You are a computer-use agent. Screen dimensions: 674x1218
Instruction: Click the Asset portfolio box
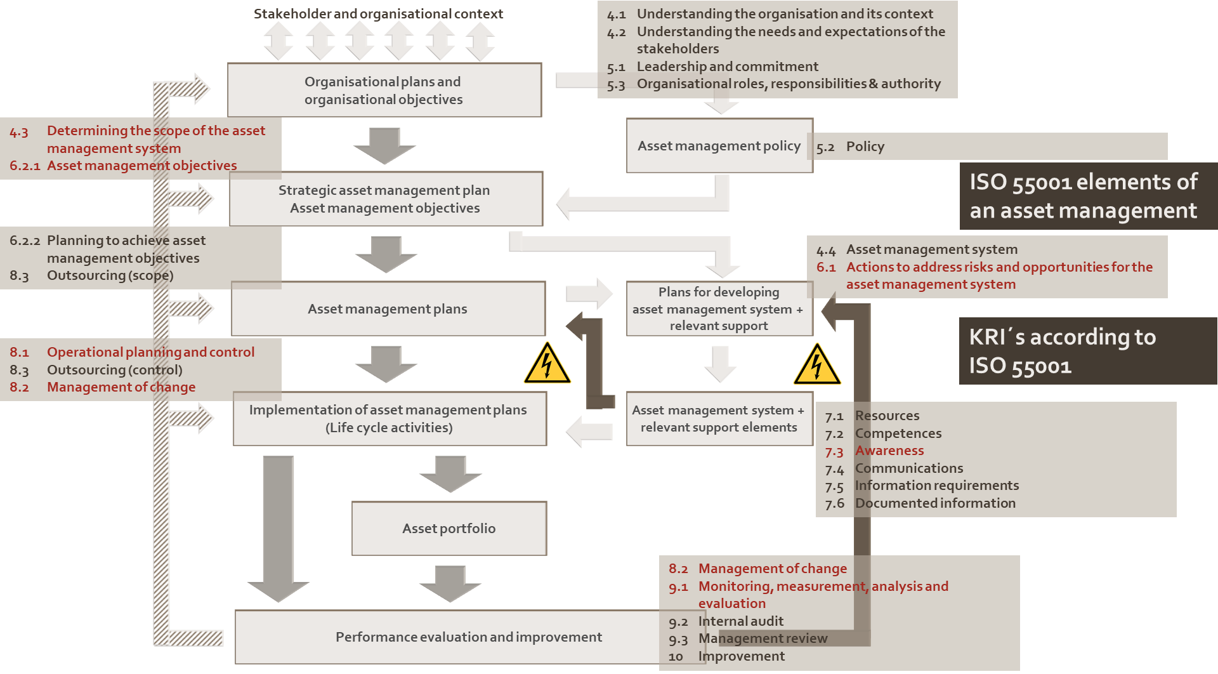[x=449, y=529]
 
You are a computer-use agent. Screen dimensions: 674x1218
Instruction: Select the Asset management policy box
[x=719, y=146]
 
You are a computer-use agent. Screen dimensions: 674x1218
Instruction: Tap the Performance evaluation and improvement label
[x=468, y=637]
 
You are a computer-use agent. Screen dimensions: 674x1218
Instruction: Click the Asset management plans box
[x=388, y=309]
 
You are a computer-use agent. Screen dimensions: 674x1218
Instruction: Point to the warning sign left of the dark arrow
[x=547, y=363]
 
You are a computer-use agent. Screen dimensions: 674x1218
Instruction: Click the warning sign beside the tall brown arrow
[x=817, y=364]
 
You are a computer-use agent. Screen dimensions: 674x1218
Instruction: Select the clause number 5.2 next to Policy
[x=825, y=147]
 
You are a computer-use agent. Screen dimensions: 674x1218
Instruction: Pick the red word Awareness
[x=889, y=451]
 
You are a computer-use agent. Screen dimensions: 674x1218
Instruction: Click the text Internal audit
[x=741, y=621]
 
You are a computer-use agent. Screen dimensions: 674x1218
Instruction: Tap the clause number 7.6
[x=834, y=504]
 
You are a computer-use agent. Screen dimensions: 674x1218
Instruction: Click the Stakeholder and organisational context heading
[x=378, y=13]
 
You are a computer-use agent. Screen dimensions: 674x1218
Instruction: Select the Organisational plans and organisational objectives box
[x=384, y=90]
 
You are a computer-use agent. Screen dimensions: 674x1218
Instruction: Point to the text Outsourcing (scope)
[x=110, y=275]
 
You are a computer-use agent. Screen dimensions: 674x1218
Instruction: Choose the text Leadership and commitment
[x=727, y=67]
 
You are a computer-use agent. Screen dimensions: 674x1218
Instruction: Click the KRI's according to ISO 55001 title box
[x=1087, y=351]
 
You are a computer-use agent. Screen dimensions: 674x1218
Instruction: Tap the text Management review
[x=763, y=638]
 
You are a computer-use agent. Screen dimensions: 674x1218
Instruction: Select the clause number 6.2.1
[x=25, y=166]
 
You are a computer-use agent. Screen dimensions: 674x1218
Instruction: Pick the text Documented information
[x=935, y=503]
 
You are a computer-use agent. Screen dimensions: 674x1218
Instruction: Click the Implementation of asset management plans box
[x=389, y=419]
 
